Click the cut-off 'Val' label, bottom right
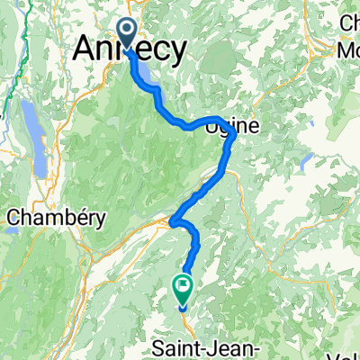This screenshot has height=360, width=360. (x=347, y=354)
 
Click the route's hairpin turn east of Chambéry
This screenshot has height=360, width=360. (x=174, y=221)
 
